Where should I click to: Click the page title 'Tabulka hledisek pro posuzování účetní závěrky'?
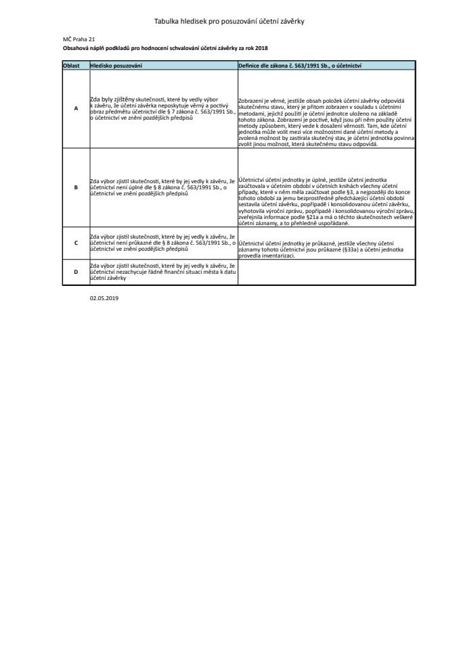pyautogui.click(x=230, y=22)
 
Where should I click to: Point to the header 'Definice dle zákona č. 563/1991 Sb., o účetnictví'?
pyautogui.click(x=300, y=65)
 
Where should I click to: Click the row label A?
pyautogui.click(x=76, y=108)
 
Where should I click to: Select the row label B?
pyautogui.click(x=76, y=187)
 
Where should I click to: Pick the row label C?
pyautogui.click(x=76, y=242)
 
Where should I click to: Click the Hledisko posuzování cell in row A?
pyautogui.click(x=162, y=108)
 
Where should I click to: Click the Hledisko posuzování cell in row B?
pyautogui.click(x=162, y=187)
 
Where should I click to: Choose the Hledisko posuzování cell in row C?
pyautogui.click(x=162, y=242)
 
